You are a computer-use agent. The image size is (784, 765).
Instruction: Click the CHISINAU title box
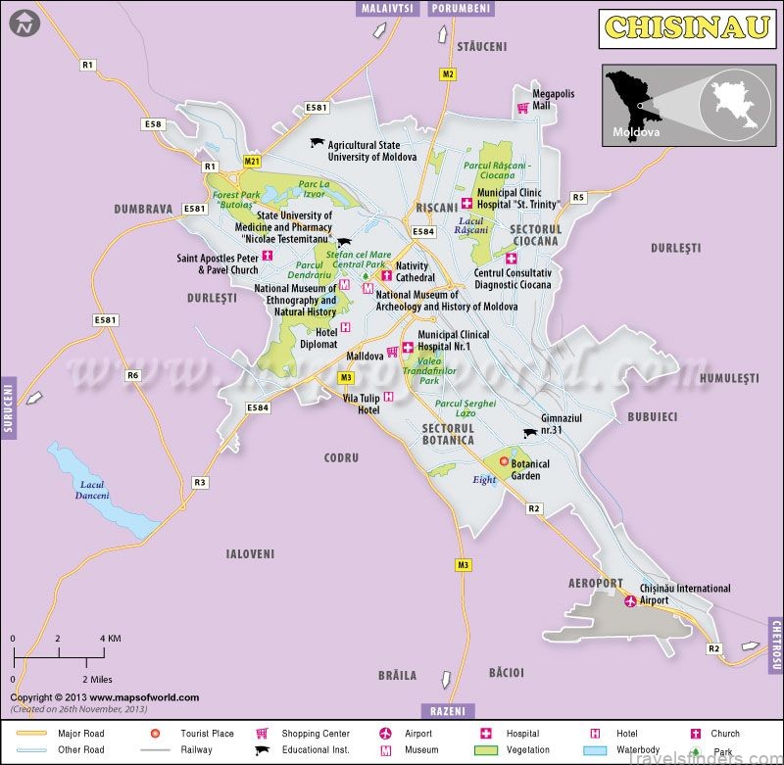click(x=686, y=27)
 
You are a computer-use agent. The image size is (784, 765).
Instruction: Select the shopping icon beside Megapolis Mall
click(x=522, y=109)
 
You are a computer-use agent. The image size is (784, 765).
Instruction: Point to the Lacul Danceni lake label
click(x=93, y=490)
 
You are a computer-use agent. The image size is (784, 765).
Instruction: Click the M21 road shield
click(x=252, y=161)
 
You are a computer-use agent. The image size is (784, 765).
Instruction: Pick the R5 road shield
click(x=578, y=197)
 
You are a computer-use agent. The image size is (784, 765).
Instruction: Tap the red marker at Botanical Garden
click(x=504, y=461)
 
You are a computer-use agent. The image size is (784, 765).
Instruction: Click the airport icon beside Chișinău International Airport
click(x=629, y=600)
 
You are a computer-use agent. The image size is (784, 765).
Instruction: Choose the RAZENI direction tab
click(x=449, y=710)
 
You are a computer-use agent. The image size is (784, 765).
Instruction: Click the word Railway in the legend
click(x=196, y=751)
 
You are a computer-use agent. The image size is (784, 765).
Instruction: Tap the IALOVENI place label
click(x=250, y=553)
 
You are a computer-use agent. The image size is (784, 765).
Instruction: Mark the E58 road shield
click(x=153, y=124)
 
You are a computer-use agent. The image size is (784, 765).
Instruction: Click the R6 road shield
click(x=132, y=375)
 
